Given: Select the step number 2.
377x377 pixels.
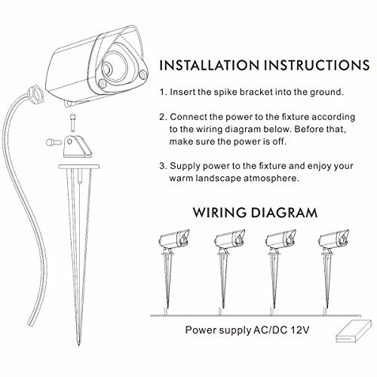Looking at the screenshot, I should tap(163, 118).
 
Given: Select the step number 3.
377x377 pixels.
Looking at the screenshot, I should tap(163, 166).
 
